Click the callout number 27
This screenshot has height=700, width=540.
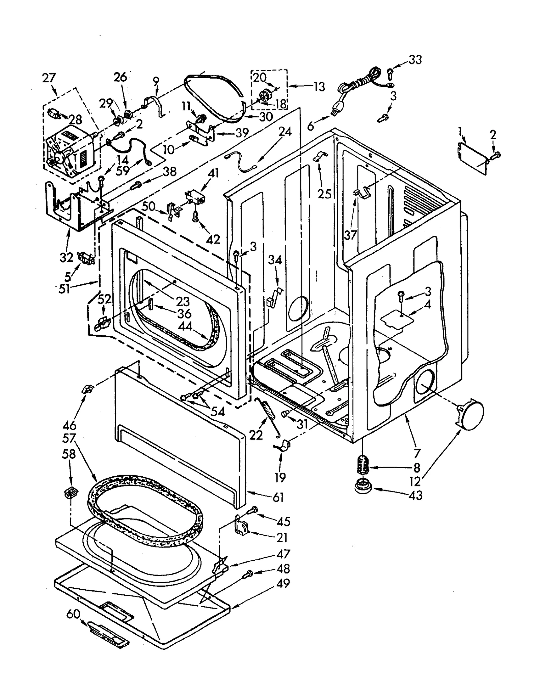tap(49, 78)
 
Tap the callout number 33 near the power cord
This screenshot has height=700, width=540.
tap(415, 60)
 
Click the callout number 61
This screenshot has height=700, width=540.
tap(278, 497)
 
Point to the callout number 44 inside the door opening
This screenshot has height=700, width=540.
tap(185, 326)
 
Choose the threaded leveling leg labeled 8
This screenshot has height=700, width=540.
tap(362, 464)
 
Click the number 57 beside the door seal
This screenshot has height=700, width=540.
tap(69, 439)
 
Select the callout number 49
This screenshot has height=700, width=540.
tap(283, 583)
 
